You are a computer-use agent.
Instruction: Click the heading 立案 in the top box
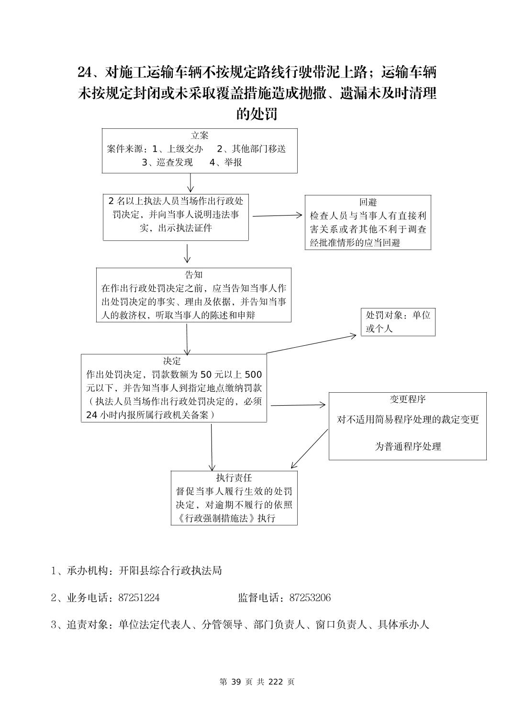[200, 136]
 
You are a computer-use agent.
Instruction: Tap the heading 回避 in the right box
[368, 202]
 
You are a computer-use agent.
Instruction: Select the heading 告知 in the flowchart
[194, 274]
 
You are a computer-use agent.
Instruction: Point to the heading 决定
[172, 361]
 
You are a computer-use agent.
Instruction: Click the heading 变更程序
[407, 399]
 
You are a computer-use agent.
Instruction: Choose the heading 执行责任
[234, 478]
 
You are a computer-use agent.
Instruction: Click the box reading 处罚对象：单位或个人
[398, 322]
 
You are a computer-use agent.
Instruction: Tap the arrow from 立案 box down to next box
[191, 182]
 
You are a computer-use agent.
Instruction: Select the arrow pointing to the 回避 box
[277, 216]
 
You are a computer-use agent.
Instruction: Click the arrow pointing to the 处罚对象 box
[311, 344]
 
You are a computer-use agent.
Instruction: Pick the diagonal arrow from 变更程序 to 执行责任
[309, 449]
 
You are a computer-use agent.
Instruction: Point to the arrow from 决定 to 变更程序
[298, 405]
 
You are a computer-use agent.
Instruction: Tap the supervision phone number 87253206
[310, 598]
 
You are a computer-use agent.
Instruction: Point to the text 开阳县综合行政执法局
[170, 570]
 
